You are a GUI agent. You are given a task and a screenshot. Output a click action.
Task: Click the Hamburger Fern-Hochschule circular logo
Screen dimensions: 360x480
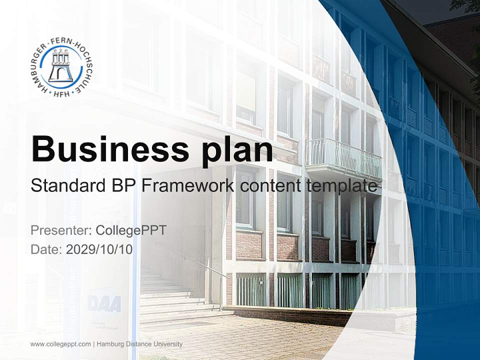(x=62, y=67)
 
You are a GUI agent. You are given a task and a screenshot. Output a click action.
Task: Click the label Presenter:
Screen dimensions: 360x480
(x=58, y=230)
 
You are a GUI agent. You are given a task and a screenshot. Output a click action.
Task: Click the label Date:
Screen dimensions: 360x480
(x=46, y=249)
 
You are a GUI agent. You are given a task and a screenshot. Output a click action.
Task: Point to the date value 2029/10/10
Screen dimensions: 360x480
(x=99, y=249)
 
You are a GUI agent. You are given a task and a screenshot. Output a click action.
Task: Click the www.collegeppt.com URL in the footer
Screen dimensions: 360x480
(x=60, y=344)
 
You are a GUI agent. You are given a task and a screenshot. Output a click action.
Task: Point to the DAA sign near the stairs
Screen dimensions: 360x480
(x=104, y=303)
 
